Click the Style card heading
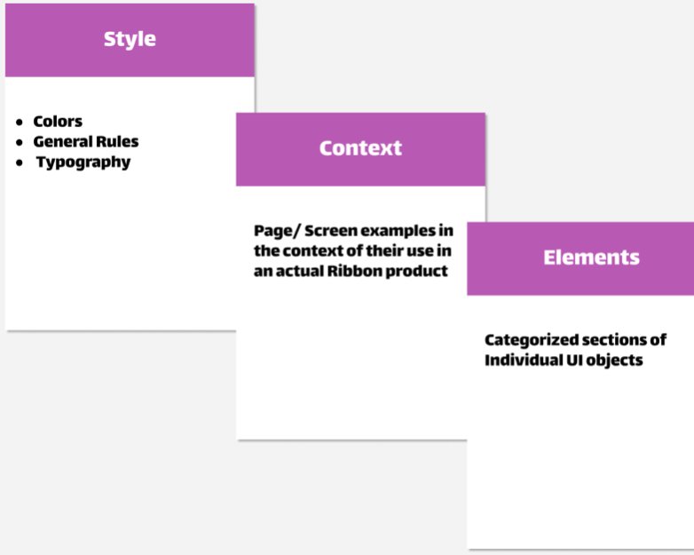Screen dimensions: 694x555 (130, 39)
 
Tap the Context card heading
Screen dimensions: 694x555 (360, 148)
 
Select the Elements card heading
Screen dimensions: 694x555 (591, 258)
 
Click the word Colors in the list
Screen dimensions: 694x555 (58, 122)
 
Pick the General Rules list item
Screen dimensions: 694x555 (86, 141)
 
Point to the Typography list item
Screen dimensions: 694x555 (83, 162)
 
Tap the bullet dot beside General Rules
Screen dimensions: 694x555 (20, 142)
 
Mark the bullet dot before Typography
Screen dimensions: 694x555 (20, 163)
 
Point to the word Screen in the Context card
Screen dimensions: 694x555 (328, 231)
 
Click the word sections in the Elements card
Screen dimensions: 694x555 (614, 340)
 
